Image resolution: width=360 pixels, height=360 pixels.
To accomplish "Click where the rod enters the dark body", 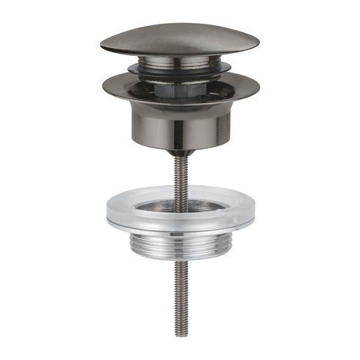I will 180,154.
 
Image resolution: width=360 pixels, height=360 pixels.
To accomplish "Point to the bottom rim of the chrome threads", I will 180,258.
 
